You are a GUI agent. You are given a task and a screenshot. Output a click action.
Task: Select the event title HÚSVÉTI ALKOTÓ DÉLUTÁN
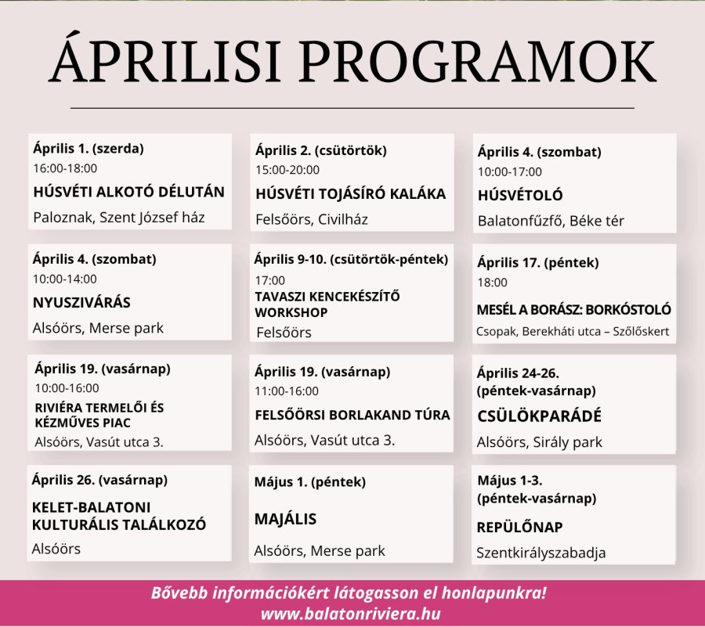tap(128, 192)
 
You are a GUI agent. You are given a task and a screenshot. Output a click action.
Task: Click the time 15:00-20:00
tap(287, 170)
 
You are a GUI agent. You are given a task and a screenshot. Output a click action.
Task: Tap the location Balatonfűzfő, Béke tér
tap(551, 221)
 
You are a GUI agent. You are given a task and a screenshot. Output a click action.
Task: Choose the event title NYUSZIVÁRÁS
tap(81, 303)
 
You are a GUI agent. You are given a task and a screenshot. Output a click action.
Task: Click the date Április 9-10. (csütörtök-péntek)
tap(351, 258)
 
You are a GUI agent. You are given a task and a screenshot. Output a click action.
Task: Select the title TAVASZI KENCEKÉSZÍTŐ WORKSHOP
tap(327, 304)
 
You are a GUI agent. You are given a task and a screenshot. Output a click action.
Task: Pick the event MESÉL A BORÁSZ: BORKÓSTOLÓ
tap(573, 310)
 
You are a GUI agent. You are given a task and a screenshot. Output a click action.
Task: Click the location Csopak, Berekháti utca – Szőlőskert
tap(573, 332)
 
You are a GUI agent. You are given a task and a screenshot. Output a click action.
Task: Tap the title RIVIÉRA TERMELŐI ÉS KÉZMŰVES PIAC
tap(99, 416)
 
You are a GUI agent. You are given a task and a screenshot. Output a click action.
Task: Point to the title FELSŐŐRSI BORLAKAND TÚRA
tap(352, 415)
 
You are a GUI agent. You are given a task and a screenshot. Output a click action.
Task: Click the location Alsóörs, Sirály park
tap(539, 442)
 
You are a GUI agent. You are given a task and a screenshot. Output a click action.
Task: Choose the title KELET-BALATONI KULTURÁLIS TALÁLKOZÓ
tap(118, 516)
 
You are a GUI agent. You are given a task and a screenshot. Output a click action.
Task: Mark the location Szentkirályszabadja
tap(540, 553)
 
